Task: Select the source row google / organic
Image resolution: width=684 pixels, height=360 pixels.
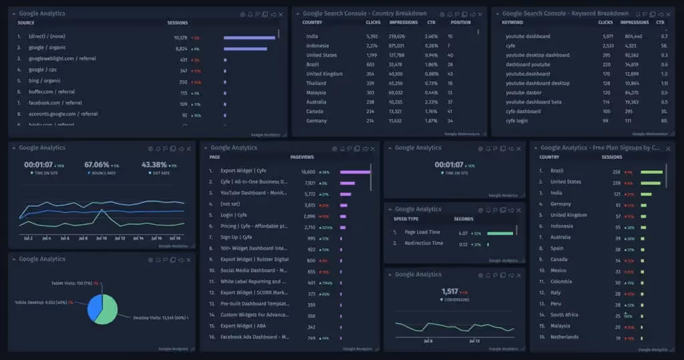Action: click(x=47, y=48)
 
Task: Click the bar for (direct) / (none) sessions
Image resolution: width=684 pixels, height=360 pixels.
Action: click(x=248, y=37)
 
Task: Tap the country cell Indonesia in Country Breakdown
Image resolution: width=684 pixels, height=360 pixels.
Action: click(x=317, y=45)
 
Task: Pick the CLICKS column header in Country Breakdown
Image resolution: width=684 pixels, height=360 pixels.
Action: click(x=373, y=22)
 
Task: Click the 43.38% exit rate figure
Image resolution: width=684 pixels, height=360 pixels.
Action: click(x=154, y=164)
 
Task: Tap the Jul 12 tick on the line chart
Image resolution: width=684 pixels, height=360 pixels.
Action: click(x=120, y=238)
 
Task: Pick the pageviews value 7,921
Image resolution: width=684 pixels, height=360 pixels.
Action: click(x=308, y=182)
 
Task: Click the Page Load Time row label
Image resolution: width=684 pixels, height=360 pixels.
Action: click(x=422, y=232)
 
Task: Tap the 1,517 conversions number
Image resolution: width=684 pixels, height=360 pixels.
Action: click(x=450, y=291)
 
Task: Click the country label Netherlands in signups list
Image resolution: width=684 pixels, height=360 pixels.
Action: click(x=564, y=337)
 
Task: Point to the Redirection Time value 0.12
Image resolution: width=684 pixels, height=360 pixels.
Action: click(x=463, y=244)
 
